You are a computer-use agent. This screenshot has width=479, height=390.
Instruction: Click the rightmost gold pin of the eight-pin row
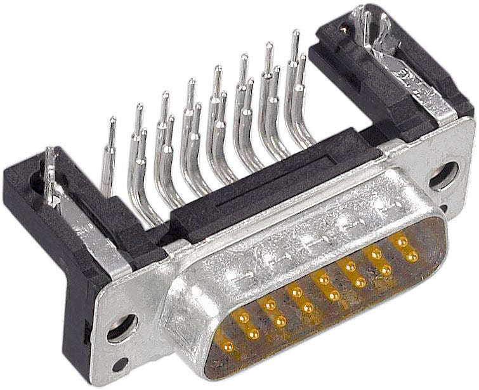(401, 241)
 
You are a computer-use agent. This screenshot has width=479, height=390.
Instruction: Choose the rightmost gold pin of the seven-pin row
(413, 256)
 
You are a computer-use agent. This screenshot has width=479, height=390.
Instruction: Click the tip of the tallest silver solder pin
(295, 34)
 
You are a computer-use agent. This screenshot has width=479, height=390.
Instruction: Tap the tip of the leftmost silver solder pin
(112, 120)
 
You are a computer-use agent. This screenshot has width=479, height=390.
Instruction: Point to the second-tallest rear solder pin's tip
(269, 46)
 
